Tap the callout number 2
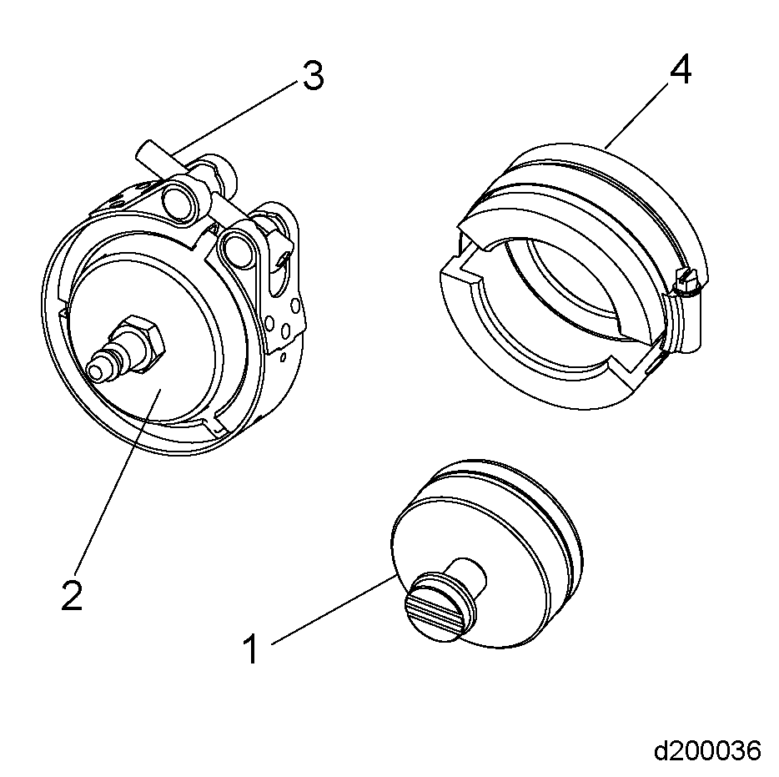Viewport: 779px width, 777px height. click(72, 594)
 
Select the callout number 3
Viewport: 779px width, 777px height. click(311, 77)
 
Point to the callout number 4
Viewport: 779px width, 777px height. click(680, 72)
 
